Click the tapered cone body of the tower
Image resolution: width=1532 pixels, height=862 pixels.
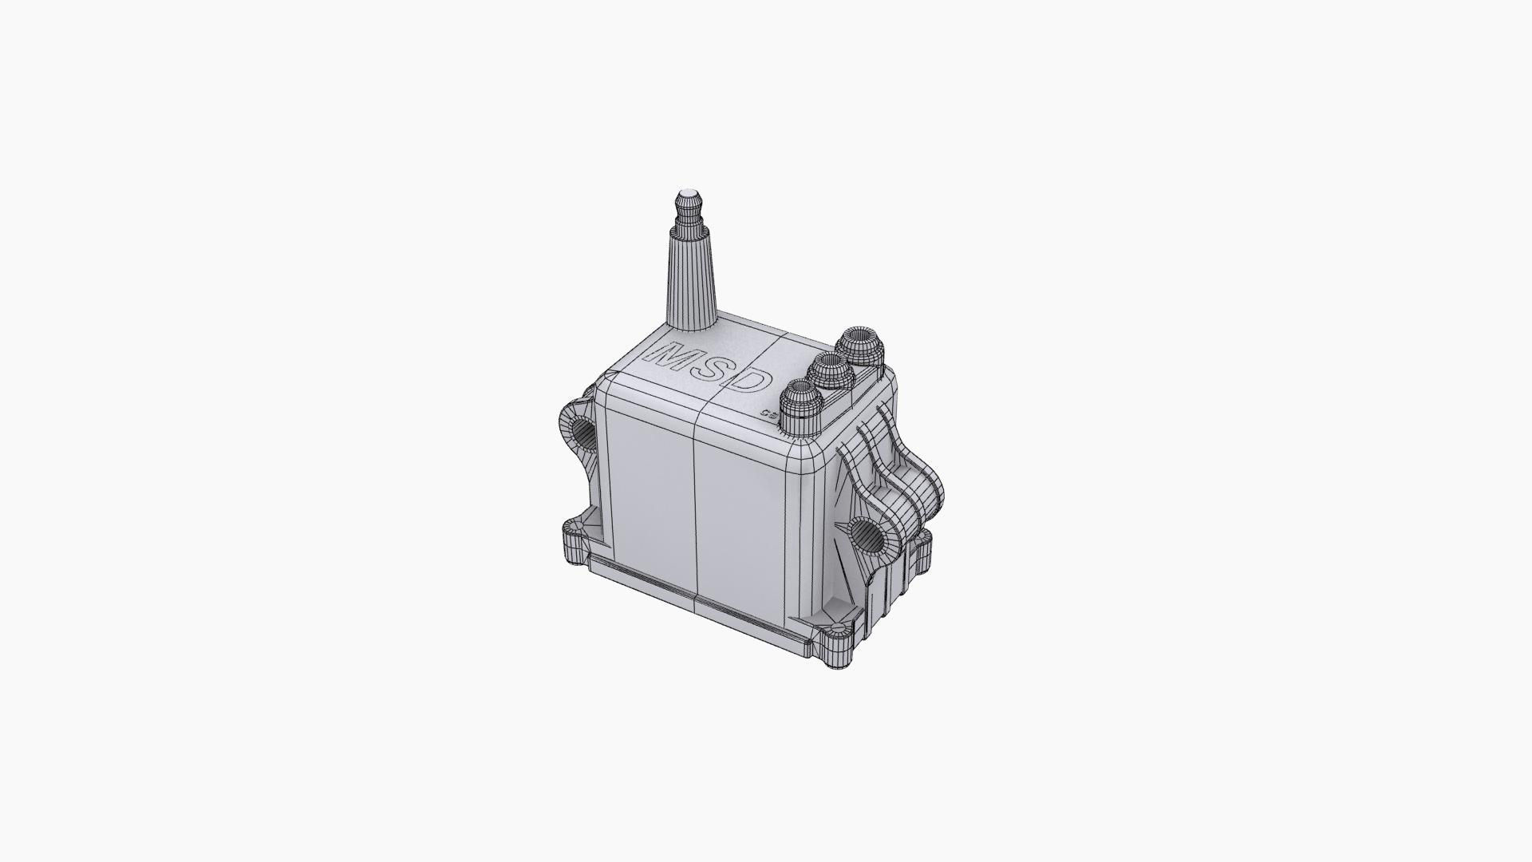(689, 279)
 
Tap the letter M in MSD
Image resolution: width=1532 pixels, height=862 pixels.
(670, 356)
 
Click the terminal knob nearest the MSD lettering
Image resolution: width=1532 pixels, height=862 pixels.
(800, 405)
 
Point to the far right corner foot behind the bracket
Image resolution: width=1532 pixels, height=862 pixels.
(922, 545)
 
